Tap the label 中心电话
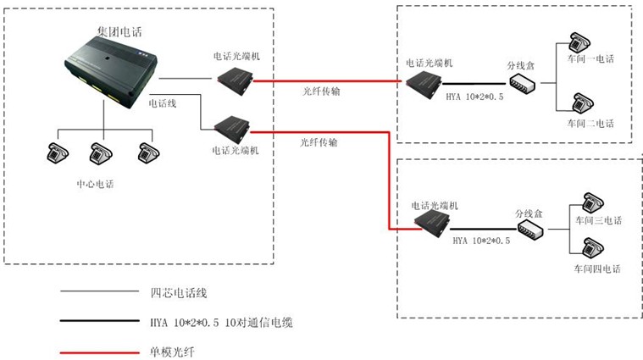(x=95, y=184)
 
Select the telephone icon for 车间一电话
(x=579, y=42)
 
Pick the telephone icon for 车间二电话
(x=583, y=102)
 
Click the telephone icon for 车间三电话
(x=593, y=203)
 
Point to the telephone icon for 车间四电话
(x=593, y=248)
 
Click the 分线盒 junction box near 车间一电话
(x=523, y=83)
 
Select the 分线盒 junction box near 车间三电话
(x=530, y=230)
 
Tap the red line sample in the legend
(x=100, y=352)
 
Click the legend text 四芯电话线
(x=179, y=293)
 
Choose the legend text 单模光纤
(x=172, y=352)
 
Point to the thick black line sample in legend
(x=100, y=321)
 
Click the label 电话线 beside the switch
(x=163, y=103)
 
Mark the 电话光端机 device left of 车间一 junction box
(x=424, y=85)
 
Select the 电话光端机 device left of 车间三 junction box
(x=432, y=224)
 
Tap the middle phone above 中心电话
(x=101, y=153)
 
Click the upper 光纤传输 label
(x=322, y=91)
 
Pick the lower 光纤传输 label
(x=319, y=142)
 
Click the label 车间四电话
(x=597, y=269)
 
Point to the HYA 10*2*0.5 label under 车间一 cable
(x=475, y=97)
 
